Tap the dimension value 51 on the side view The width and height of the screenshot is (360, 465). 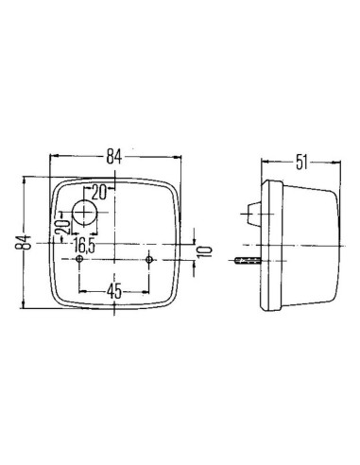point(300,160)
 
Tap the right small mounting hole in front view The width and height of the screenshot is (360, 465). point(151,259)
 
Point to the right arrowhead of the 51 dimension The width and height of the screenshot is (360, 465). point(338,161)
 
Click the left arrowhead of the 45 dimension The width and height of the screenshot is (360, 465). point(85,291)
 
